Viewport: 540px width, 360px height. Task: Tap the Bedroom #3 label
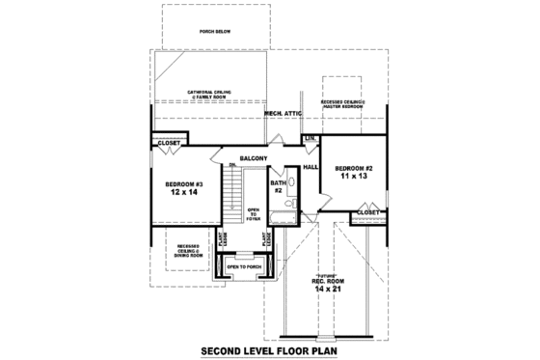pos(182,184)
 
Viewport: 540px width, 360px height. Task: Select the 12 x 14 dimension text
pos(182,194)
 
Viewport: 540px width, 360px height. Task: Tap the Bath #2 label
pos(278,185)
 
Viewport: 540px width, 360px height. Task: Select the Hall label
pos(310,168)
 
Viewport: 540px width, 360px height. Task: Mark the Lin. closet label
pos(310,140)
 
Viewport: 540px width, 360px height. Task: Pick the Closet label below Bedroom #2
pos(367,211)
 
